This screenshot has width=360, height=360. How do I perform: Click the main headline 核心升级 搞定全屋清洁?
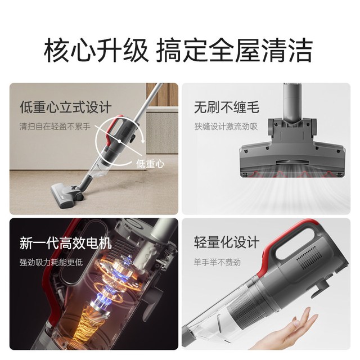pyautogui.click(x=178, y=50)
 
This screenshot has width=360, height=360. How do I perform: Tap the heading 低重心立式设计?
pyautogui.click(x=66, y=107)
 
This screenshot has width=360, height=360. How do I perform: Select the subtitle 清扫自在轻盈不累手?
pyautogui.click(x=55, y=127)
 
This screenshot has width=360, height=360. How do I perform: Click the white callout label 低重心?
pyautogui.click(x=150, y=164)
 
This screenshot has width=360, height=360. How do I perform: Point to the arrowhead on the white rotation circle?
pyautogui.click(x=143, y=141)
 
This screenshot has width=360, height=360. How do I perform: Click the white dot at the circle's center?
pyautogui.click(x=119, y=141)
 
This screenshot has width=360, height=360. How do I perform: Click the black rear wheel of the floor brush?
pyautogui.click(x=79, y=196)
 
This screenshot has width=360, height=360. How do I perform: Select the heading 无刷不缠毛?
pyautogui.click(x=227, y=107)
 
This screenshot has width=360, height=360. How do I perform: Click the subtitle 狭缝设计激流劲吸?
pyautogui.click(x=226, y=127)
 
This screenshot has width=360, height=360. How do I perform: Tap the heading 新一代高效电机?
pyautogui.click(x=66, y=243)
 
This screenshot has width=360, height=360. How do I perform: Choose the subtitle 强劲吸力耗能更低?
pyautogui.click(x=51, y=262)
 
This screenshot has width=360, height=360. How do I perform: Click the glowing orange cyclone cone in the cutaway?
pyautogui.click(x=86, y=322)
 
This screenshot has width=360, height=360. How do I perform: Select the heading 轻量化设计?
pyautogui.click(x=227, y=242)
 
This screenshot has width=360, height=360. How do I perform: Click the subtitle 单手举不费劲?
pyautogui.click(x=217, y=262)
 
